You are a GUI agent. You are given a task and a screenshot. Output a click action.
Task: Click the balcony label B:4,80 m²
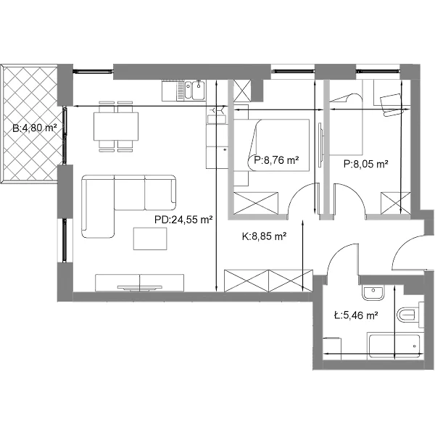(35, 128)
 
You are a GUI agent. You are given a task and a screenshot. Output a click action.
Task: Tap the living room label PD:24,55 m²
(183, 220)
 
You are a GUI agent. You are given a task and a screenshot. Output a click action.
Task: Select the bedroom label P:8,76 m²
(276, 160)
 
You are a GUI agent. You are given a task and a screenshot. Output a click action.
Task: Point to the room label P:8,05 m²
(365, 164)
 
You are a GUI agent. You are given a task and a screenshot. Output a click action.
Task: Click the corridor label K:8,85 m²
(264, 236)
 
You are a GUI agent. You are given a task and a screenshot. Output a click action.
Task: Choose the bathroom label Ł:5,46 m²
(356, 315)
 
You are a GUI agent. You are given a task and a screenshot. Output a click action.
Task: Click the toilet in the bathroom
(410, 315)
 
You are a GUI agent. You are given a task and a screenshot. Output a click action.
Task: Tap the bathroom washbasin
(373, 291)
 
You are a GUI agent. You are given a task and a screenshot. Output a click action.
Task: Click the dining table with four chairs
(116, 126)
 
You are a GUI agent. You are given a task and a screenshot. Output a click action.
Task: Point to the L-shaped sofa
(129, 206)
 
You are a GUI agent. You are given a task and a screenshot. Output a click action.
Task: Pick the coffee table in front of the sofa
(150, 239)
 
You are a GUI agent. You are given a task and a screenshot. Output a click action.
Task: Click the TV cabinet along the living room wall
(139, 283)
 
